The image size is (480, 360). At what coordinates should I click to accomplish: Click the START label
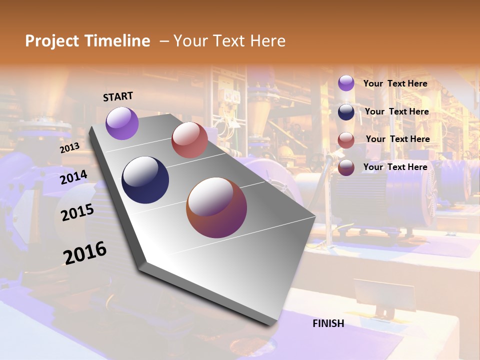point(118,96)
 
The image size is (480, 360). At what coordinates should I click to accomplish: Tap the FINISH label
point(328,323)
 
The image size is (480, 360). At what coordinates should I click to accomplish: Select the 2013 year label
point(69,148)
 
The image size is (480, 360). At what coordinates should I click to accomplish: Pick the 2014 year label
point(74,177)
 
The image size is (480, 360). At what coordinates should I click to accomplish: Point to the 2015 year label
point(77,213)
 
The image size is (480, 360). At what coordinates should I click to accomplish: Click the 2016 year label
point(85,252)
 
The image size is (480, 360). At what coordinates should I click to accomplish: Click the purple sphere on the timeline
point(122,123)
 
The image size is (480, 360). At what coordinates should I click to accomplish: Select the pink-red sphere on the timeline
point(189,140)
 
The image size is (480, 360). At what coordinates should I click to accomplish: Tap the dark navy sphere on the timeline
point(145,180)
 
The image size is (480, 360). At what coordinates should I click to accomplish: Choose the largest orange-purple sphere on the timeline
point(216,207)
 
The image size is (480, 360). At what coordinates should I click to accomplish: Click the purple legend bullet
point(346,83)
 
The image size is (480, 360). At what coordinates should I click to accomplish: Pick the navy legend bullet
point(346,112)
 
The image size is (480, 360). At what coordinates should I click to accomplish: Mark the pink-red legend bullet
point(346,140)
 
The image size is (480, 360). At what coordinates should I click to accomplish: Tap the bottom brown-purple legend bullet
point(346,168)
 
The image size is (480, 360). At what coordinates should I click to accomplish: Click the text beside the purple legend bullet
point(395,83)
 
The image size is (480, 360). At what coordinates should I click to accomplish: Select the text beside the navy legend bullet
point(396,111)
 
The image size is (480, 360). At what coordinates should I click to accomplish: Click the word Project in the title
point(52,41)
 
